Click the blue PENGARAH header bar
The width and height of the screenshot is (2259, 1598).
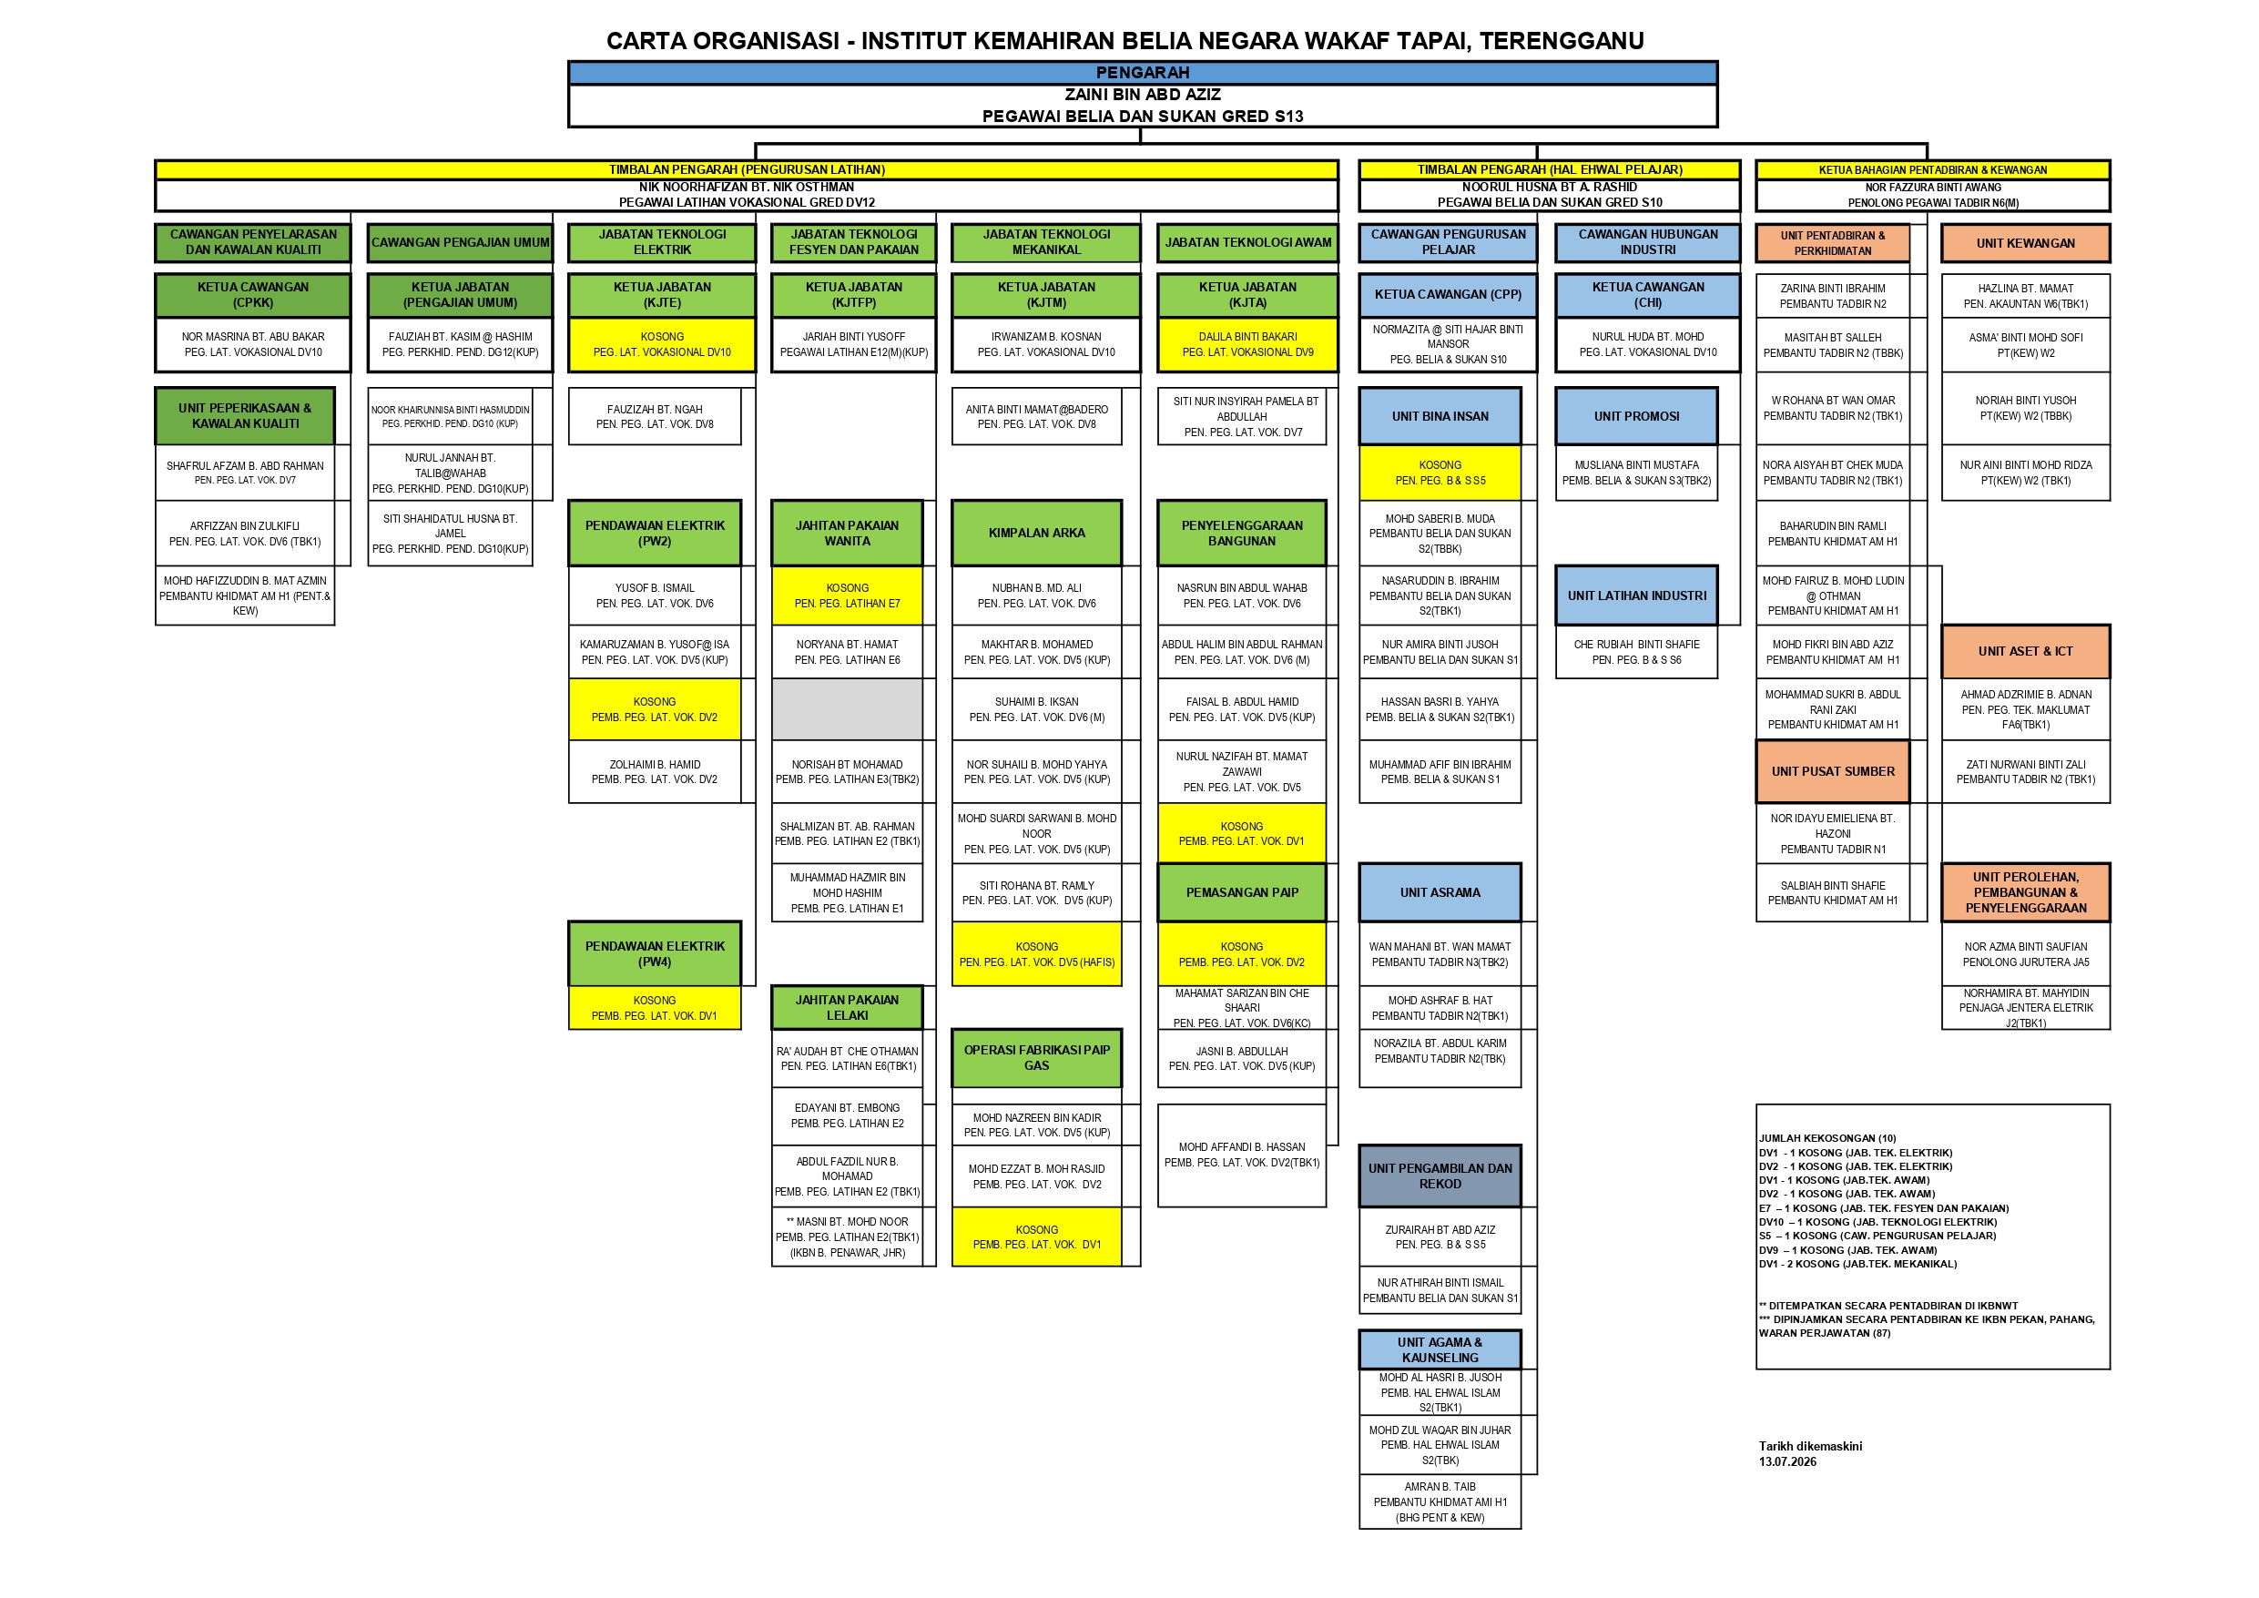[1143, 73]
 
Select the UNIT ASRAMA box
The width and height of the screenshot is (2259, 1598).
[1440, 892]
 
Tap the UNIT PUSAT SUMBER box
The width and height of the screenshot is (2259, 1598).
[1832, 771]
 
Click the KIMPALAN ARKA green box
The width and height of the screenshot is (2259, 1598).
[1036, 533]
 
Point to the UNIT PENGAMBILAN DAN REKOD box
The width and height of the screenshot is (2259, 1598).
[1440, 1176]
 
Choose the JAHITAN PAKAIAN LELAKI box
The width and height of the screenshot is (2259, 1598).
[847, 1008]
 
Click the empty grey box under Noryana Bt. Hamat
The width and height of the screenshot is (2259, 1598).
[847, 708]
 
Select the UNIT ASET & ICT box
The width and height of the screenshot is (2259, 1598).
[2025, 651]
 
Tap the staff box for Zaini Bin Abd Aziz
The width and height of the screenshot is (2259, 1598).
[1143, 106]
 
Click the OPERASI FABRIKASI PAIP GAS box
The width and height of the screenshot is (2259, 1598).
[1036, 1058]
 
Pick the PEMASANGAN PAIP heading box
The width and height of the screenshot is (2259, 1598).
[1242, 892]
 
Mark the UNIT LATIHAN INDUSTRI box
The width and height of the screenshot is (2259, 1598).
[1636, 595]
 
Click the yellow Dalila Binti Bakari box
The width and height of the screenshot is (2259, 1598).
[1247, 344]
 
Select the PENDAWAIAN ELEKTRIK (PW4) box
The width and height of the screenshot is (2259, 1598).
[655, 953]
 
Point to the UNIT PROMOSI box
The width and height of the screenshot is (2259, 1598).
[1636, 416]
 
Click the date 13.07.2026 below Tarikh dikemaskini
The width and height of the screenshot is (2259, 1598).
[1787, 1461]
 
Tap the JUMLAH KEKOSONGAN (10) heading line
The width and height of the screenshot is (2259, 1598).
[1827, 1138]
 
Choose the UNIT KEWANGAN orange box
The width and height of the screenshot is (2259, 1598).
[2025, 243]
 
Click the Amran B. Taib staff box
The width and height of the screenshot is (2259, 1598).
[1440, 1501]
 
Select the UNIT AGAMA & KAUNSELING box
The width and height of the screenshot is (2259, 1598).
[1440, 1349]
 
